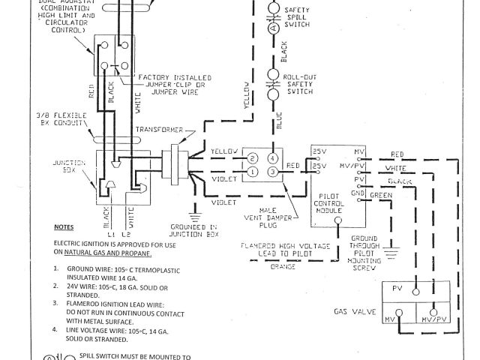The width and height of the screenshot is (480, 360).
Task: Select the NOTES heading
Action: [x=64, y=226]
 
